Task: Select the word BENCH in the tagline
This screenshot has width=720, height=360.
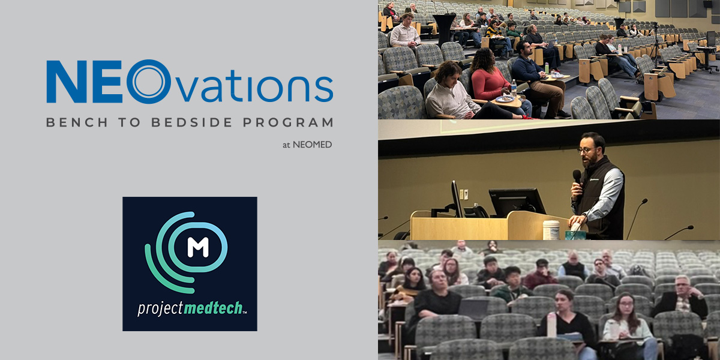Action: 77,122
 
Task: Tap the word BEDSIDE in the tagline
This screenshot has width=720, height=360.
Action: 192,122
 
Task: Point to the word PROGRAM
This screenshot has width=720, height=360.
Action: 288,122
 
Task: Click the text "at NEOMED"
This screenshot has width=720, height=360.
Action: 307,145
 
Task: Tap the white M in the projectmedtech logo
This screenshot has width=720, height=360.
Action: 198,247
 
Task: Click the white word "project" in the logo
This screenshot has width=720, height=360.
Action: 160,308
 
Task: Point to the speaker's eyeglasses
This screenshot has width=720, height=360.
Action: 586,150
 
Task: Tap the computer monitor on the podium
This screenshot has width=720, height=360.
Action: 517,203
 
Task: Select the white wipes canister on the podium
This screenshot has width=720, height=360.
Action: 551,230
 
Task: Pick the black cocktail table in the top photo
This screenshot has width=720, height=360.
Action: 445,29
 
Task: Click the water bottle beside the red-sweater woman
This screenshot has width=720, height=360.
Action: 514,88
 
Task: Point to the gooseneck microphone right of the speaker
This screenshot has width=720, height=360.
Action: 636,218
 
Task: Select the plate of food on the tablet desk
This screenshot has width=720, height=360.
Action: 505,98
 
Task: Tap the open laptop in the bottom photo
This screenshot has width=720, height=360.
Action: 473,309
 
